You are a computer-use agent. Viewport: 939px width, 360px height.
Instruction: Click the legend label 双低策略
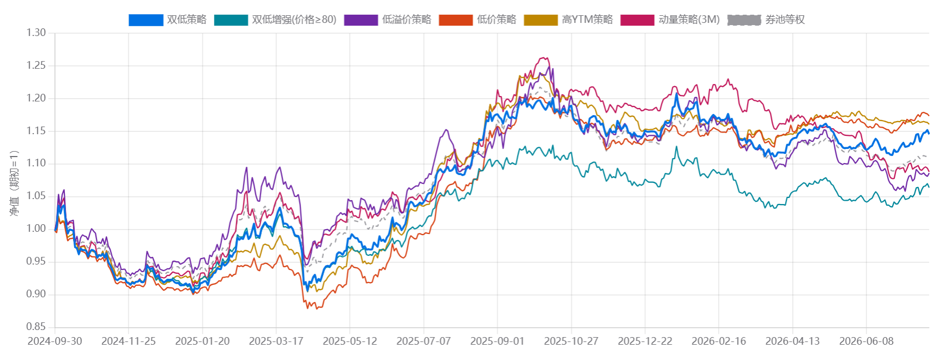[186, 20]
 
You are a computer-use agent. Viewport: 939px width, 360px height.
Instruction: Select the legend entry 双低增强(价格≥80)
[294, 20]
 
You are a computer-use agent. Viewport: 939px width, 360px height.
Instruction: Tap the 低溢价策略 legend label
[406, 20]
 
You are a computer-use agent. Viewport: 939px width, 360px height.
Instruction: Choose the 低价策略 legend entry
[496, 20]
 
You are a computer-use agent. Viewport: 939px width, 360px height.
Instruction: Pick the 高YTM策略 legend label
[587, 20]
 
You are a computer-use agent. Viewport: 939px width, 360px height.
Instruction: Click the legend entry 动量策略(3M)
[689, 20]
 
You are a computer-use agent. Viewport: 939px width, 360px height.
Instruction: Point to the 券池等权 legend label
[785, 20]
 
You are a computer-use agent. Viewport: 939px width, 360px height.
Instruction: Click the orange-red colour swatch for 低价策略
[455, 20]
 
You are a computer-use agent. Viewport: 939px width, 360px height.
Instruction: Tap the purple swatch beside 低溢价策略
[361, 20]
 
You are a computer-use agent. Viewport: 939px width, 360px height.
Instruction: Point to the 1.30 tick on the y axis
[37, 33]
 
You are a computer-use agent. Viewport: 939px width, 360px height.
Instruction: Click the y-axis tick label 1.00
[37, 229]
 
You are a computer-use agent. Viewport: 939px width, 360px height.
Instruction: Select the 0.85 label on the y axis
[37, 327]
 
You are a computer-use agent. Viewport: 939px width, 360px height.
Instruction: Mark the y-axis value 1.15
[37, 131]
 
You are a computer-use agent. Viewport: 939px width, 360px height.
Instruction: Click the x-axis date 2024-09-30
[55, 341]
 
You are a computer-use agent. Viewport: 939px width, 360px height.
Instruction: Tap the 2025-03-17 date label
[276, 341]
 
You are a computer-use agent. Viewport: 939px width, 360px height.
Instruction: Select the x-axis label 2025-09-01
[497, 341]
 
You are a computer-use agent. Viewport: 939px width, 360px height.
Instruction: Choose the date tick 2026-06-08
[866, 341]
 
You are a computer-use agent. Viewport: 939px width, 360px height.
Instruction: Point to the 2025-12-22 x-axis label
[645, 341]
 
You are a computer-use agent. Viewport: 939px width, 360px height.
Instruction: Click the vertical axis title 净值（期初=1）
[14, 183]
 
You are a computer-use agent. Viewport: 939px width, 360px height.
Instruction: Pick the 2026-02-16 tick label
[719, 341]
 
